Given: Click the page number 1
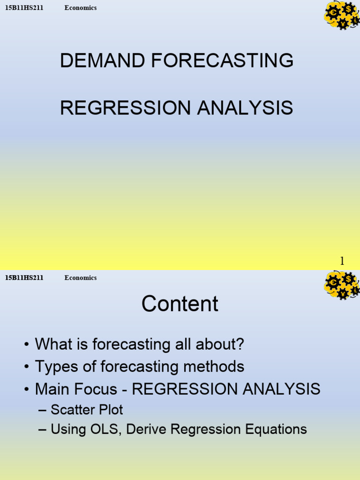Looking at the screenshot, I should tap(342, 261).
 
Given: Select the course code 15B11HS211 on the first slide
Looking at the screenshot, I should tap(24, 8).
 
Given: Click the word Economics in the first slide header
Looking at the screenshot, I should tap(81, 8).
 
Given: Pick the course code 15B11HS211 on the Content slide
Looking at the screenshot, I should tap(24, 278).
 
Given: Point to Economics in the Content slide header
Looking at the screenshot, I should tap(81, 278).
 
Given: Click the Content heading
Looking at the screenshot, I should tap(180, 304).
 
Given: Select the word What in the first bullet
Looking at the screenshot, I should tap(54, 345).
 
